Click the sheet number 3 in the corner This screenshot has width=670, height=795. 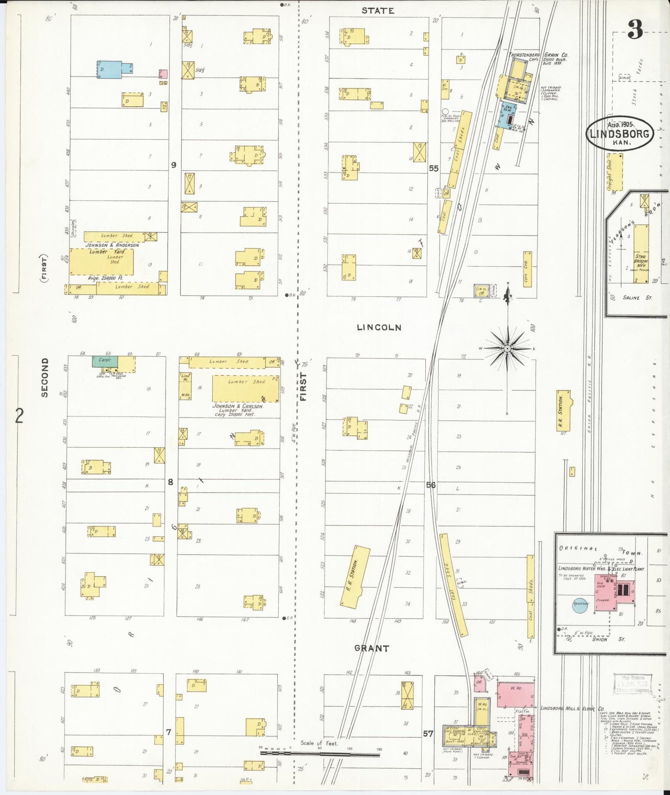635,31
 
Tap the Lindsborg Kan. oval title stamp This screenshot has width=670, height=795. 620,134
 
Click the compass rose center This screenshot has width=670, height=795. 508,348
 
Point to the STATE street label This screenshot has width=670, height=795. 378,10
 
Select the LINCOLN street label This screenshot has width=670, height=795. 379,327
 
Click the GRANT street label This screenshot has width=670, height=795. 371,648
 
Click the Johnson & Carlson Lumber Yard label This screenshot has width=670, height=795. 238,409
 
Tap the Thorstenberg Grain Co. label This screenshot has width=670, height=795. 539,55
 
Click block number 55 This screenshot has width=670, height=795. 434,168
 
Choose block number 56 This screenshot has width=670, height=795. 431,485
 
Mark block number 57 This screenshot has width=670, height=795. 428,733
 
